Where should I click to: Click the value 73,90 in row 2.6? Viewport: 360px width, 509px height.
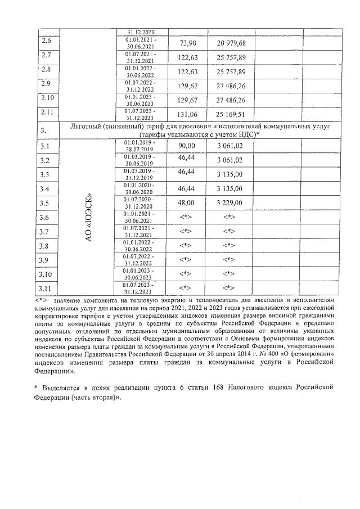click(x=187, y=44)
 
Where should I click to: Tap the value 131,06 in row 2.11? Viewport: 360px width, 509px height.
click(x=187, y=114)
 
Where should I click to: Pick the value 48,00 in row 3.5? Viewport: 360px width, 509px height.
click(x=187, y=202)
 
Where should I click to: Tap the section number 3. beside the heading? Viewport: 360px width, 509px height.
click(x=46, y=132)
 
